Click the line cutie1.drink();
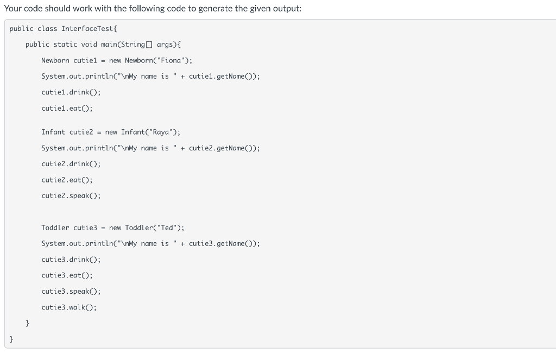[71, 92]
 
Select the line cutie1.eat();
[67, 108]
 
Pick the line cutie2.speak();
[71, 195]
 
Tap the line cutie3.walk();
[69, 307]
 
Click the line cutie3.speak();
[71, 291]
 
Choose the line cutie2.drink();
[71, 163]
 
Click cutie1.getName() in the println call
[222, 77]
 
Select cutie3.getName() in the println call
[222, 244]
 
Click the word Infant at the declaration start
[53, 132]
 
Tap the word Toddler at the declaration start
[55, 228]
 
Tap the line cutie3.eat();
[67, 275]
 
